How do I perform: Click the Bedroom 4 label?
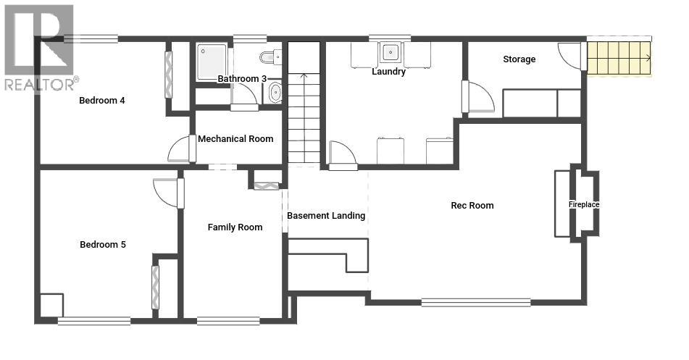tap(102, 100)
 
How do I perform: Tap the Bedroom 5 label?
tap(103, 244)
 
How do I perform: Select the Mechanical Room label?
tap(235, 139)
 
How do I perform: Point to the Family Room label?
tap(235, 227)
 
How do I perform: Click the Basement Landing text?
tap(326, 216)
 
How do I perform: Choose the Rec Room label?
tap(472, 205)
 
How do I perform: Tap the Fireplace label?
tap(584, 204)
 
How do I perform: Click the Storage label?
tap(519, 59)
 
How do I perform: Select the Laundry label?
tap(388, 71)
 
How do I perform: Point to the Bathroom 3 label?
tap(242, 79)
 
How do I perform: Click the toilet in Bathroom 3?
tap(271, 57)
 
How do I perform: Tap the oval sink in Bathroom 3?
tap(275, 92)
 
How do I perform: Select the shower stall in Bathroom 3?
tap(212, 62)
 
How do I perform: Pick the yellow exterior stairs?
tap(619, 57)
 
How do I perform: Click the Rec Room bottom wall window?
tap(476, 302)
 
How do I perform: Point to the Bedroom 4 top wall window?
tap(91, 38)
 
